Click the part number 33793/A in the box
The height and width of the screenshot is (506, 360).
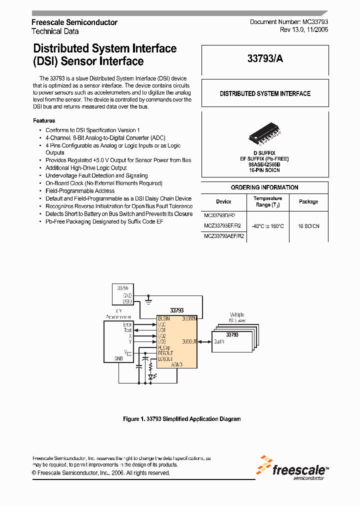pyautogui.click(x=265, y=58)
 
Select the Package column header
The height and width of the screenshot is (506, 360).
pyautogui.click(x=308, y=201)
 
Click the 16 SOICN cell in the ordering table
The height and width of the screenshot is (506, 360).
pyautogui.click(x=308, y=226)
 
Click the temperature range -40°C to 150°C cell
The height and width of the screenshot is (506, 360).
pyautogui.click(x=268, y=226)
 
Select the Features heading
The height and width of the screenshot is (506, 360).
pyautogui.click(x=44, y=120)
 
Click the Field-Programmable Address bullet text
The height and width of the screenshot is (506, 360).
pyautogui.click(x=80, y=191)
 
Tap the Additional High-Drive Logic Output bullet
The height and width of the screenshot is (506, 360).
pyautogui.click(x=86, y=168)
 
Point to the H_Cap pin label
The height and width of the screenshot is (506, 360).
pyautogui.click(x=164, y=347)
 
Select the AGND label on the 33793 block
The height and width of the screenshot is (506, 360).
pyautogui.click(x=177, y=365)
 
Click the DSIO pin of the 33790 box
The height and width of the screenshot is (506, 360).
pyautogui.click(x=127, y=301)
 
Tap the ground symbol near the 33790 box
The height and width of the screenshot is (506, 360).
pyautogui.click(x=148, y=301)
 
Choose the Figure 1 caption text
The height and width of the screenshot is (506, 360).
pyautogui.click(x=182, y=419)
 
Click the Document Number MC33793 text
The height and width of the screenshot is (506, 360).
pyautogui.click(x=289, y=22)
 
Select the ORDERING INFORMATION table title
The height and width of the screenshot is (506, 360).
pyautogui.click(x=264, y=187)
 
